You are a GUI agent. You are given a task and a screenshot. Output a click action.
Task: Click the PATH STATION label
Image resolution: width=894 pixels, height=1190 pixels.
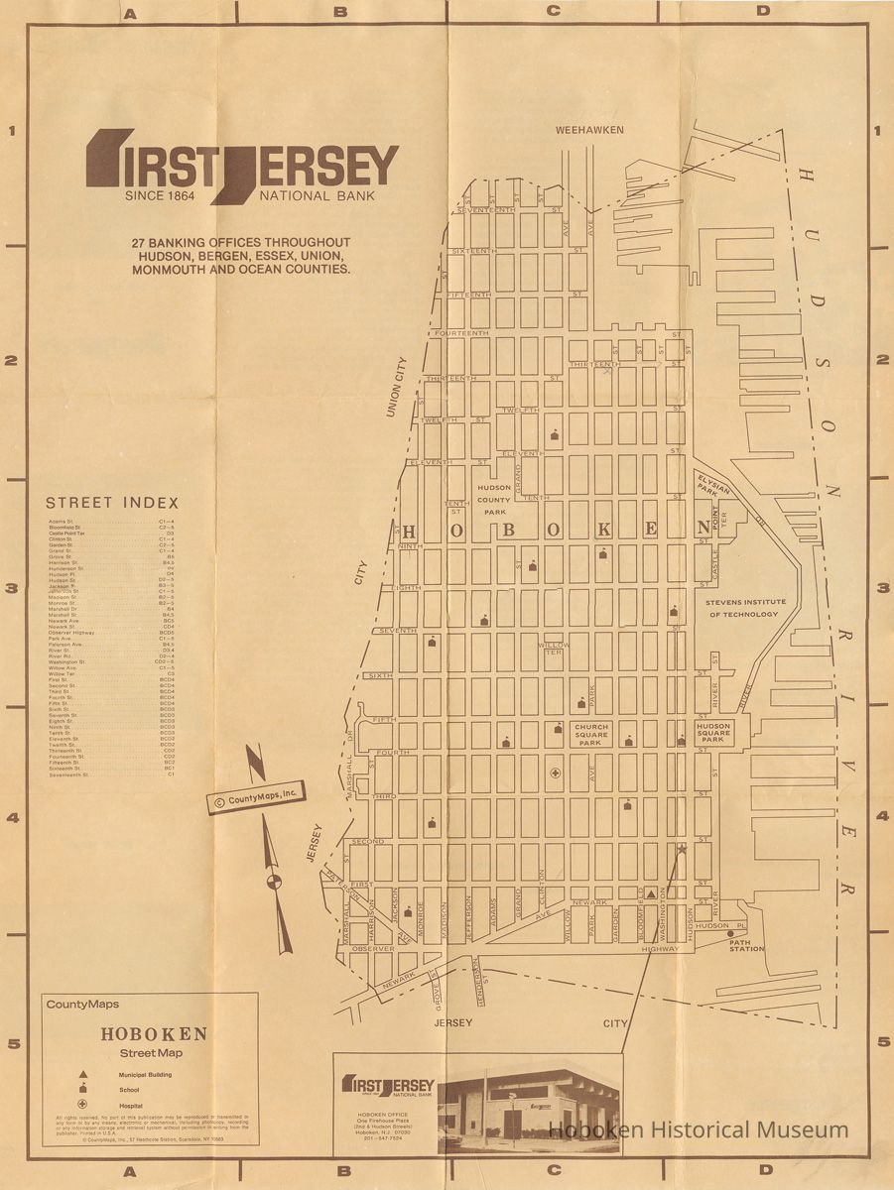pos(746,944)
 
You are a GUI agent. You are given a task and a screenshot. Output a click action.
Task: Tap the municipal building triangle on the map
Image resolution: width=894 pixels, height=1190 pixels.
pos(651,893)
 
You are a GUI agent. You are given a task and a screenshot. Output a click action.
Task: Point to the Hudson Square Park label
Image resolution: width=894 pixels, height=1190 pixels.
pos(712,733)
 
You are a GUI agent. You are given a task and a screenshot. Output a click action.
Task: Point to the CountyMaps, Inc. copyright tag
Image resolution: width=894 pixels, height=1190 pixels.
pos(256,796)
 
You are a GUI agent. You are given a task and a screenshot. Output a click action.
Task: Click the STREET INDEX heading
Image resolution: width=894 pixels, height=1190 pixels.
pos(112,503)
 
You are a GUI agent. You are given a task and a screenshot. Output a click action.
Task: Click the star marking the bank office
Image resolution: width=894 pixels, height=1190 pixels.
pos(681,848)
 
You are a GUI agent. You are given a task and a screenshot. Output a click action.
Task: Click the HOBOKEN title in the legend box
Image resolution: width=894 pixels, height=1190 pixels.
pos(154,1033)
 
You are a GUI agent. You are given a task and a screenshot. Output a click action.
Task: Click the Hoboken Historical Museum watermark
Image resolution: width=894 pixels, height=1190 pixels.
pos(700,1130)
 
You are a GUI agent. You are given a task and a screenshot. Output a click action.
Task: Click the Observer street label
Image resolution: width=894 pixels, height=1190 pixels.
pos(373,948)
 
